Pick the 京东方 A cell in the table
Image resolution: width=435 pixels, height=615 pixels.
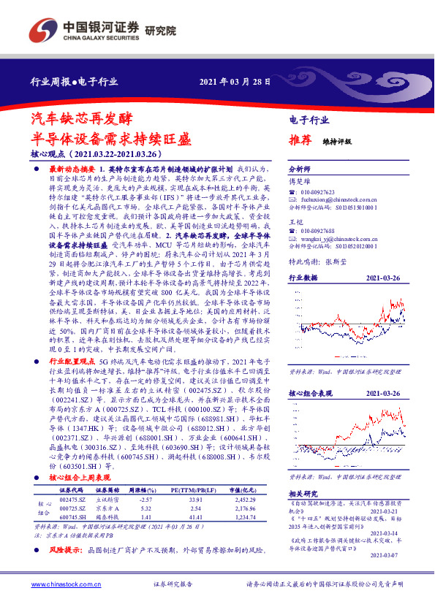[107, 508]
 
